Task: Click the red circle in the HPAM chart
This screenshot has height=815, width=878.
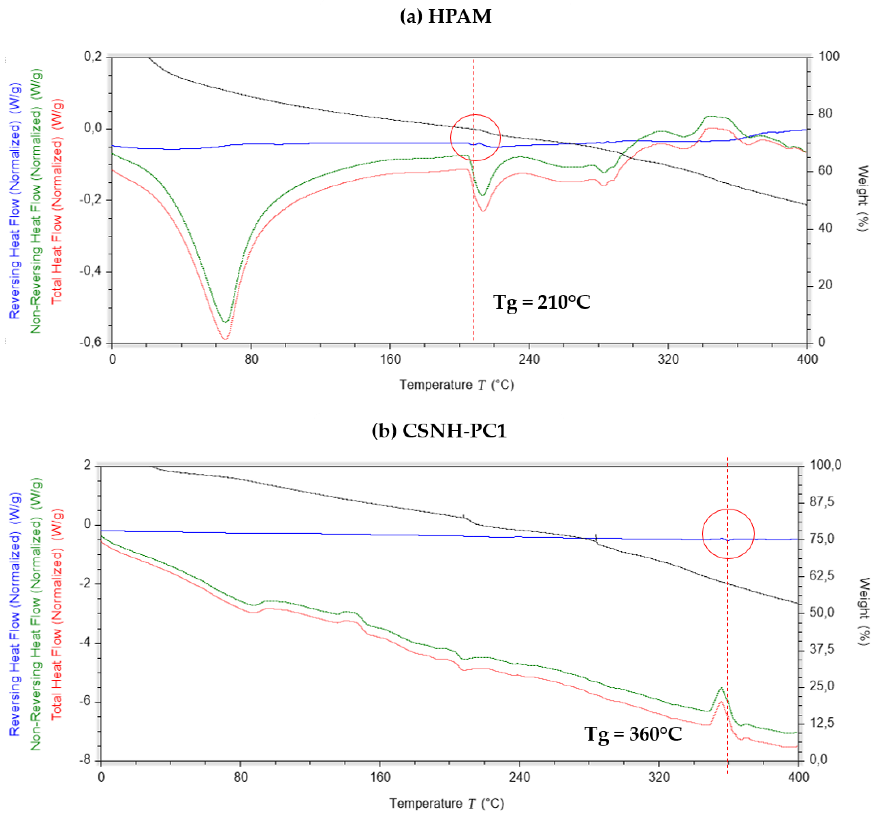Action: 475,138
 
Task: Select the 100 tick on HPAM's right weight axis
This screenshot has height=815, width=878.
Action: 829,56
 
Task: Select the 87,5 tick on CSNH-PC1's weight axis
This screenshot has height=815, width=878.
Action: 822,502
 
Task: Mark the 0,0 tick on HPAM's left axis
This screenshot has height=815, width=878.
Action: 93,128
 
